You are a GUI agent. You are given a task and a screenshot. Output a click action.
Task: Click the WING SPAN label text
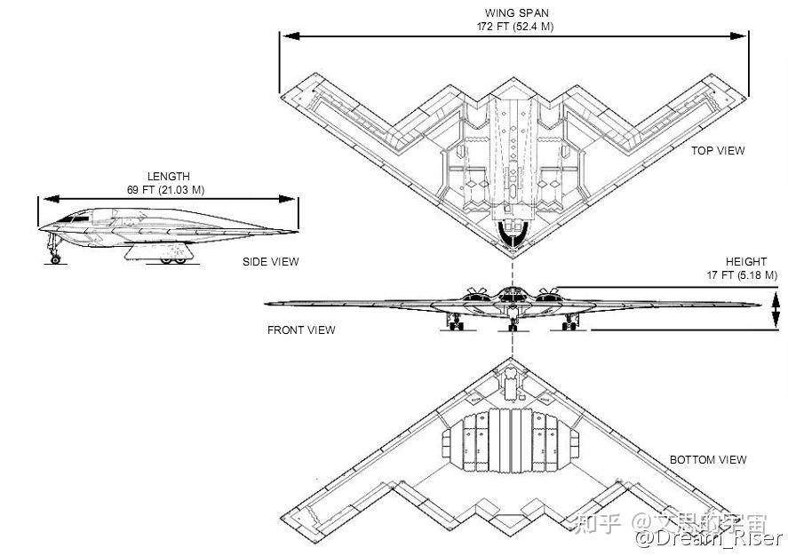click(516, 13)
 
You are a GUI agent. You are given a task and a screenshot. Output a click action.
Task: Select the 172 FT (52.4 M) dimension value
click(516, 27)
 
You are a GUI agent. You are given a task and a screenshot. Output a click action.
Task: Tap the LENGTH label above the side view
click(168, 177)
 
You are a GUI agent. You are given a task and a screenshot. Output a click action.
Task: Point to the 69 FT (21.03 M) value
click(168, 190)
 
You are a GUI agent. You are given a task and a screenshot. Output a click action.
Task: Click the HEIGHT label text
click(745, 262)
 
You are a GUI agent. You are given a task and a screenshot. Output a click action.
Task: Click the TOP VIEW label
click(718, 151)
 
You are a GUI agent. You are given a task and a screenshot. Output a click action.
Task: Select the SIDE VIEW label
click(270, 262)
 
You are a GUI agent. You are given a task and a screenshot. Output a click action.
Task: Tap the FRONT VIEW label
click(301, 330)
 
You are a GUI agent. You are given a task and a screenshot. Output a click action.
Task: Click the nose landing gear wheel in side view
click(56, 258)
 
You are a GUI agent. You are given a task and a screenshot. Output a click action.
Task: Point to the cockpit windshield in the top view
click(513, 234)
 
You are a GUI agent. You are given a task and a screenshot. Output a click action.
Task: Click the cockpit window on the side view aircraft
click(79, 216)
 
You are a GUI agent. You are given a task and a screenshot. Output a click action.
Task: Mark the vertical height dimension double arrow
click(776, 311)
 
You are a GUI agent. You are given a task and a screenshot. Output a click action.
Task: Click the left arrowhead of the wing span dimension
click(286, 36)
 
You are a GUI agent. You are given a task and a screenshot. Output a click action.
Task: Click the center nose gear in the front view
click(513, 321)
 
